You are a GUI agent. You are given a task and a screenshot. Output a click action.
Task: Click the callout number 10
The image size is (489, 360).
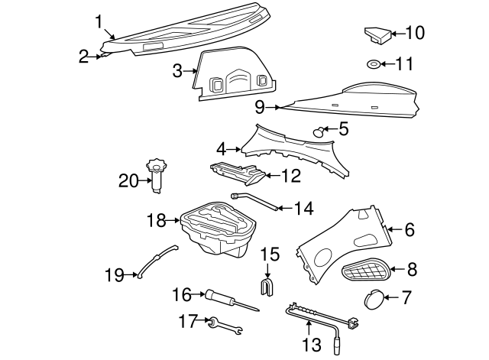[415, 33]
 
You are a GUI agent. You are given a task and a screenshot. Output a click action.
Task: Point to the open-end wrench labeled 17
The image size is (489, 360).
[225, 326]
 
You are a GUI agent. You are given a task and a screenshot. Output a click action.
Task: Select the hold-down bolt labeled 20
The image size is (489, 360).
[157, 175]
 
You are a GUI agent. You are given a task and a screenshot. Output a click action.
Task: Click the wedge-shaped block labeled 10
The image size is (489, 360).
[374, 35]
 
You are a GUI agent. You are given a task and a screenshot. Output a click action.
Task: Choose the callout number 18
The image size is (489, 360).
[156, 221]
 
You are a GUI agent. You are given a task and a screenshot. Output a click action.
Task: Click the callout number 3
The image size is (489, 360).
[176, 72]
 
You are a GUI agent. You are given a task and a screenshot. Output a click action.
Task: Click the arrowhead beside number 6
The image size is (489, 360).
[390, 228]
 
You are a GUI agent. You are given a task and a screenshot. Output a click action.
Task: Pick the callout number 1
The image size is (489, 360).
[98, 21]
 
